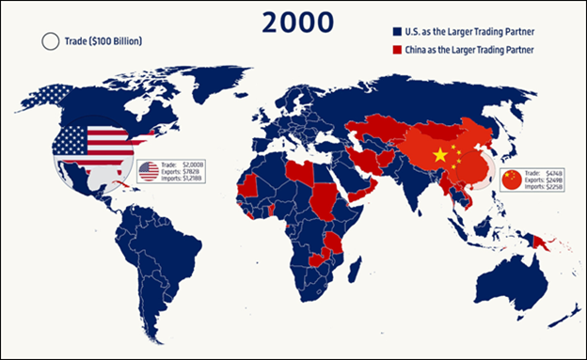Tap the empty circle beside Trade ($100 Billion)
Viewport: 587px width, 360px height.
[49, 41]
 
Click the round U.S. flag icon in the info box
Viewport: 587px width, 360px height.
[148, 171]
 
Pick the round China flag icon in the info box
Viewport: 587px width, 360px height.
[511, 179]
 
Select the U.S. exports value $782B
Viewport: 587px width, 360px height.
[191, 172]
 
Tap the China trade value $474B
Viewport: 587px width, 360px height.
[555, 172]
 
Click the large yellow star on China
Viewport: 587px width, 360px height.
[438, 154]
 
